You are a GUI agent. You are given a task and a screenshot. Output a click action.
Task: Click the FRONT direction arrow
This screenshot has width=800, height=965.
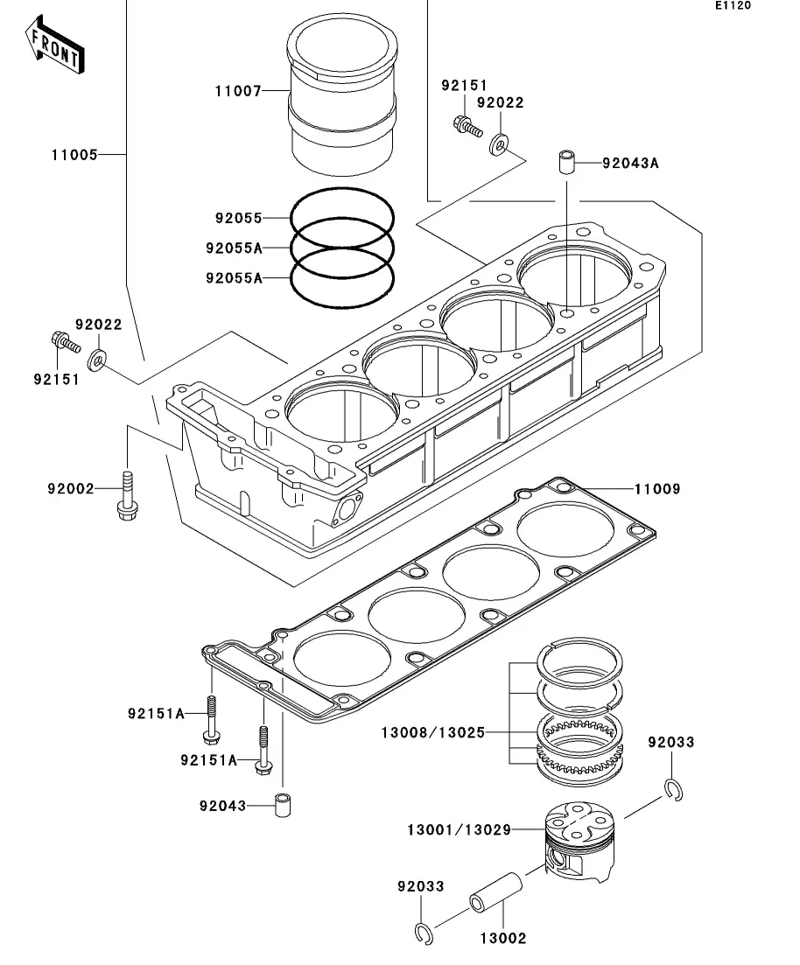pos(54,45)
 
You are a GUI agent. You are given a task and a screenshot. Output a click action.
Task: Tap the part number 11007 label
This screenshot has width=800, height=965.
pos(238,92)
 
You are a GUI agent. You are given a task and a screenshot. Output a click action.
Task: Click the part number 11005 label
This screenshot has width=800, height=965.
pos(74,155)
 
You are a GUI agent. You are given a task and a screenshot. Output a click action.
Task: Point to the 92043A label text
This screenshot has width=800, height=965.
pos(630,163)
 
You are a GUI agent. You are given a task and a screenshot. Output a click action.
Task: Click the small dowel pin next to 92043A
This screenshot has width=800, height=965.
pos(566,161)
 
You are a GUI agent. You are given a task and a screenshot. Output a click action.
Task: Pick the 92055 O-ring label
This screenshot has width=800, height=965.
pos(238,218)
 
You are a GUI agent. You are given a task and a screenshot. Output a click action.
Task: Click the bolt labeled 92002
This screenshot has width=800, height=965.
pos(128,495)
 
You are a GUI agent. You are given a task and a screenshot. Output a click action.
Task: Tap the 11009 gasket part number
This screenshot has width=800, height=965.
pos(657,489)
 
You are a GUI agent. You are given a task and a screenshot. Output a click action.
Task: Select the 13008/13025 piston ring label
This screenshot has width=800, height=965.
pos(433,732)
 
